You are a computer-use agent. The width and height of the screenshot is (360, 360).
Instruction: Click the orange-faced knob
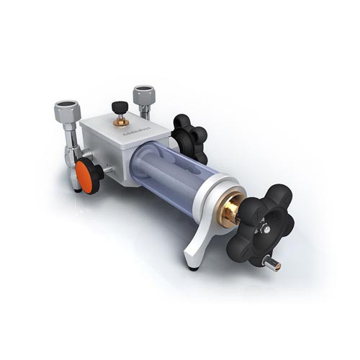[86, 177]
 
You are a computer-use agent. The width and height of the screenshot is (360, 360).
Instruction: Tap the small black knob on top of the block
[118, 108]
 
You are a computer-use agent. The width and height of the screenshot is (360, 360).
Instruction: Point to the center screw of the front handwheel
[265, 229]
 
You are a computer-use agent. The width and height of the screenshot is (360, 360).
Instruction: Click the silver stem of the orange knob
[107, 170]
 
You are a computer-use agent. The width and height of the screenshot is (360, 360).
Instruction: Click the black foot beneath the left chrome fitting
[76, 189]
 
